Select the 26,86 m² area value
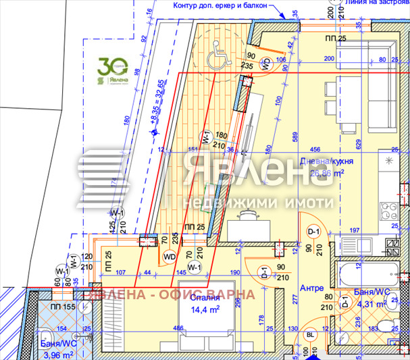point(327,172)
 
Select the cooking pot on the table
point(246,215)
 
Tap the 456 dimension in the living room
point(315,149)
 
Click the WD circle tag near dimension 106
point(265,65)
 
